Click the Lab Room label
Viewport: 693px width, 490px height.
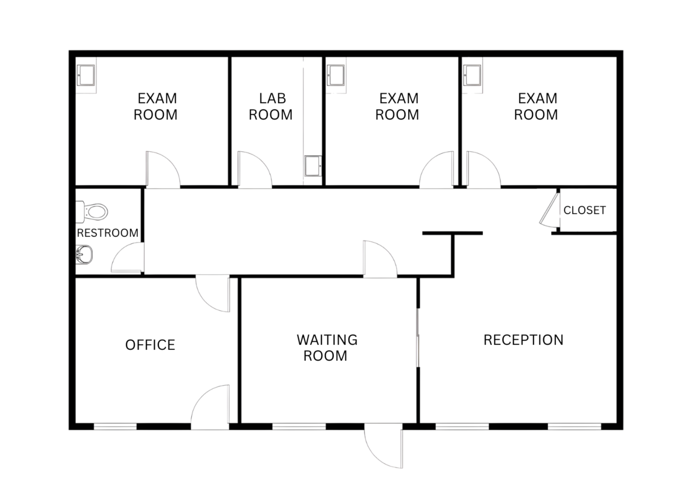point(271,107)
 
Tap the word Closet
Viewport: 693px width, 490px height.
point(584,210)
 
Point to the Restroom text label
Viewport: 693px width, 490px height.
point(108,233)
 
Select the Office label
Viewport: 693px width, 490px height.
point(150,345)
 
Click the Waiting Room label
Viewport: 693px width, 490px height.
point(327,348)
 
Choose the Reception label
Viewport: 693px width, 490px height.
point(523,340)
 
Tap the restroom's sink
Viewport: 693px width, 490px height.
point(84,254)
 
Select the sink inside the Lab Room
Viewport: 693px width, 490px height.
point(313,166)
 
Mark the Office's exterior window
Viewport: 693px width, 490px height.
point(115,427)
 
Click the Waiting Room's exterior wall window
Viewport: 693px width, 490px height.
point(299,427)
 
